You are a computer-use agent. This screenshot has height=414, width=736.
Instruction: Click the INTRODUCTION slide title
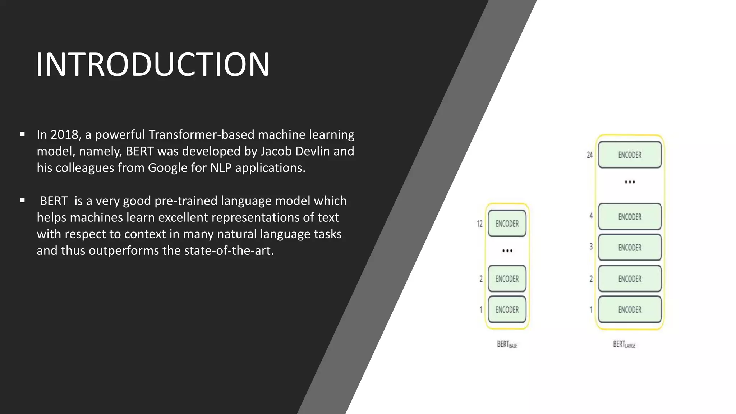click(153, 65)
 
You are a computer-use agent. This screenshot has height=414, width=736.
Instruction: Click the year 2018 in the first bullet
click(64, 135)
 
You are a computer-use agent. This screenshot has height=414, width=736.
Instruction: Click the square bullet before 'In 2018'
click(23, 134)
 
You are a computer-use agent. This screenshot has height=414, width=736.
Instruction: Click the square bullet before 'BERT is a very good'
click(23, 201)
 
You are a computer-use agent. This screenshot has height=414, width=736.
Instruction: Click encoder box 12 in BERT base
click(507, 224)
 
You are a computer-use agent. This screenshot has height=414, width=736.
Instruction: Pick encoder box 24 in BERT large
click(630, 155)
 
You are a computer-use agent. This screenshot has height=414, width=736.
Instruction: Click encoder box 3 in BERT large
click(630, 248)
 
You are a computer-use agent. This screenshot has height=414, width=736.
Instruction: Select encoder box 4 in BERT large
click(630, 217)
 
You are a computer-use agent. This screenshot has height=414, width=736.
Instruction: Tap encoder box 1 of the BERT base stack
click(507, 309)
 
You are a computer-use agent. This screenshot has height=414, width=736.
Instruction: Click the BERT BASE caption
click(507, 344)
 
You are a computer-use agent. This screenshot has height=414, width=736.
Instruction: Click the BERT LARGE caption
click(624, 344)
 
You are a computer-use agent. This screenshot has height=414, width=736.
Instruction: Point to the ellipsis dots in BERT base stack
click(507, 251)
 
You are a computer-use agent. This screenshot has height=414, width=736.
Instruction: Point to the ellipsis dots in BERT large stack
click(630, 182)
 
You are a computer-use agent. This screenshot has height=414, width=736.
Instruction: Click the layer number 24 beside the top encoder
click(589, 155)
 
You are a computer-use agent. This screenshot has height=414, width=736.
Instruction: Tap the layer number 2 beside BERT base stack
click(481, 279)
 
